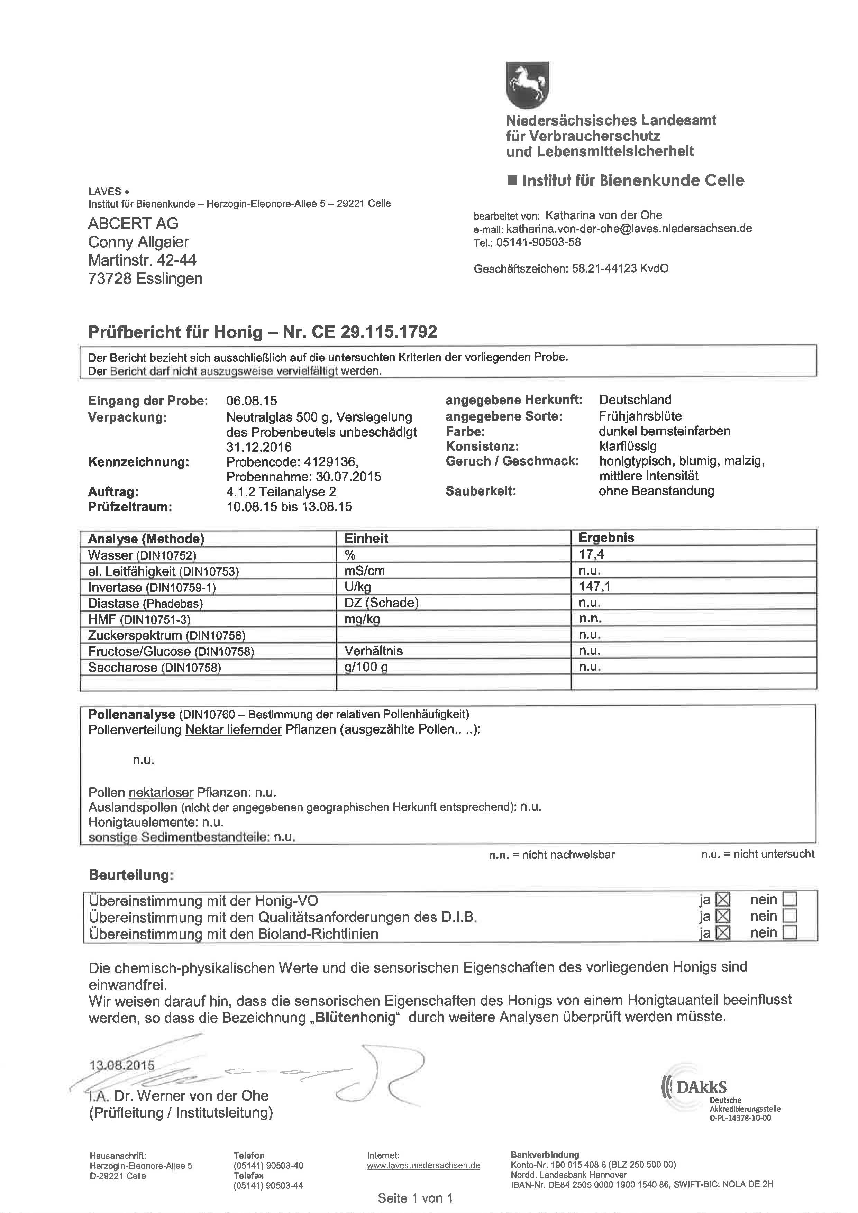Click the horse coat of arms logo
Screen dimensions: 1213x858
click(527, 84)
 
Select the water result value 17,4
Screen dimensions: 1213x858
click(591, 554)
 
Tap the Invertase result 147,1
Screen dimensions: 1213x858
click(595, 586)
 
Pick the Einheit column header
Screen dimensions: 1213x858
click(366, 538)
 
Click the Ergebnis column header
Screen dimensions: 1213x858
click(606, 538)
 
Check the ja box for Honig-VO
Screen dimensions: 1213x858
click(722, 899)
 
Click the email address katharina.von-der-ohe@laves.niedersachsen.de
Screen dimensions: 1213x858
click(629, 229)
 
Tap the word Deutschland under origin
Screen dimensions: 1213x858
click(635, 400)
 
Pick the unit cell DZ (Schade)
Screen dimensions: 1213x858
click(381, 603)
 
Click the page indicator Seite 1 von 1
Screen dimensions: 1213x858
click(415, 1198)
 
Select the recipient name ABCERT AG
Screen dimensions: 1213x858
click(133, 223)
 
